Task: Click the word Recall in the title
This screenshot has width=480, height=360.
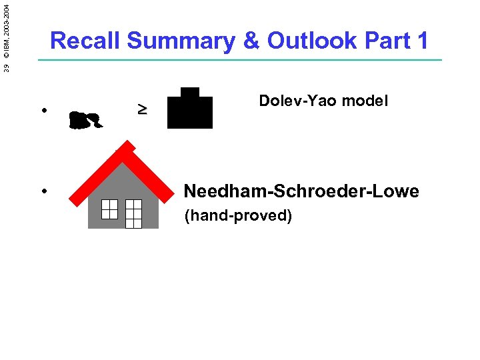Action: [x=85, y=41]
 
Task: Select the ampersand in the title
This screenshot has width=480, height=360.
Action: [x=251, y=41]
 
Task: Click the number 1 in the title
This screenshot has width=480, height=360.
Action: [x=421, y=41]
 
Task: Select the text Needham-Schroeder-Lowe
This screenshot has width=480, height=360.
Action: [x=301, y=191]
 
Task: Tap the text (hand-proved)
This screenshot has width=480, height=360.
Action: [x=238, y=216]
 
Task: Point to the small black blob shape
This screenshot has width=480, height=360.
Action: [x=85, y=120]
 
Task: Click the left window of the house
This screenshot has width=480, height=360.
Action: [x=110, y=209]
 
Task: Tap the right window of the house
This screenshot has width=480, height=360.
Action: [x=134, y=213]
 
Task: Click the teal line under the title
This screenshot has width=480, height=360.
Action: [x=240, y=61]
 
